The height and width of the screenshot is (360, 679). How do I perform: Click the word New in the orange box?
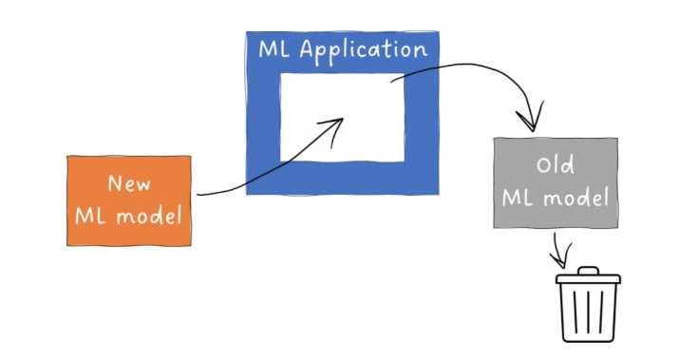(x=129, y=183)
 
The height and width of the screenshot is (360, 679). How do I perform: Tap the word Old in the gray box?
(x=556, y=164)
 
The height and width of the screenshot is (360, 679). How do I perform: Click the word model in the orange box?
(x=149, y=216)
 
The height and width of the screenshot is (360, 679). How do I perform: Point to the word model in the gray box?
(x=576, y=198)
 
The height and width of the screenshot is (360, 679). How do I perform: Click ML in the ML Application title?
(x=273, y=49)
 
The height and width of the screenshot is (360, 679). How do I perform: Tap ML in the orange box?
(x=90, y=216)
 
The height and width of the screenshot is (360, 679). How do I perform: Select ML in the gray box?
(x=517, y=198)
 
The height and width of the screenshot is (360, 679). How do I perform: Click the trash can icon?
(x=588, y=305)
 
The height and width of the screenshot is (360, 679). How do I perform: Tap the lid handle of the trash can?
(x=588, y=271)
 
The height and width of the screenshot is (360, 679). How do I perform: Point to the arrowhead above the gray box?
(x=531, y=118)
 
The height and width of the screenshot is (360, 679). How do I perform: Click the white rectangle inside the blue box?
(x=342, y=118)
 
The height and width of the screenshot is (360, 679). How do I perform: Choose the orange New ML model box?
(x=129, y=201)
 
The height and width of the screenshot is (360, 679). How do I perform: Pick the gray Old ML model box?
(x=556, y=182)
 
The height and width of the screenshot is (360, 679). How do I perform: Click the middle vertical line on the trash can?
(x=588, y=312)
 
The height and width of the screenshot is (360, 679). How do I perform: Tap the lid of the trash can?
(x=588, y=278)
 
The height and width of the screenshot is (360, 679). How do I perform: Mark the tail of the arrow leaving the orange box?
(x=198, y=195)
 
